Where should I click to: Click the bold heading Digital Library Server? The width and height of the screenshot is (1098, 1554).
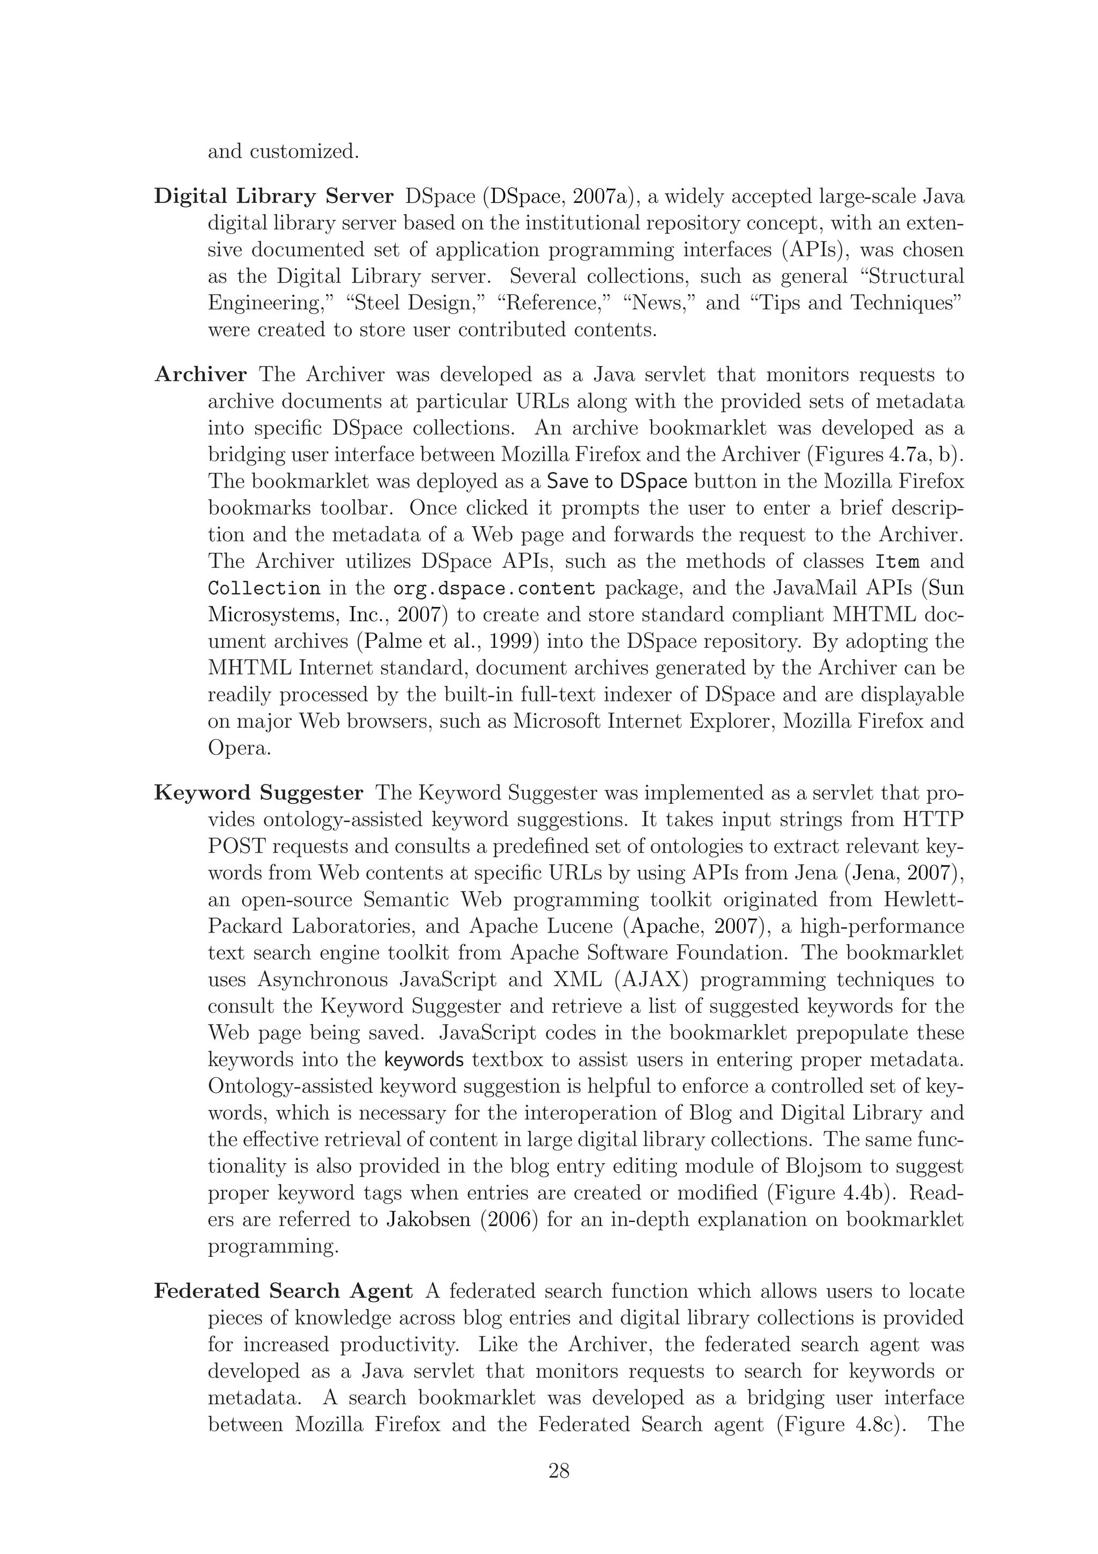(x=273, y=196)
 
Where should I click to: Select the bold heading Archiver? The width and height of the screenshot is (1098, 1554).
(x=201, y=374)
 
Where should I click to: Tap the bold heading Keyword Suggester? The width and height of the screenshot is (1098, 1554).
(x=258, y=793)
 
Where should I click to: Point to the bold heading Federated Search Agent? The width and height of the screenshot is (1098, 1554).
(x=283, y=1291)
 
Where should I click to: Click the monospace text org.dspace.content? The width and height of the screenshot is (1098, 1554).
(x=494, y=588)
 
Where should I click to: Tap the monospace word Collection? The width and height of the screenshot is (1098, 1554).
(x=264, y=588)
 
